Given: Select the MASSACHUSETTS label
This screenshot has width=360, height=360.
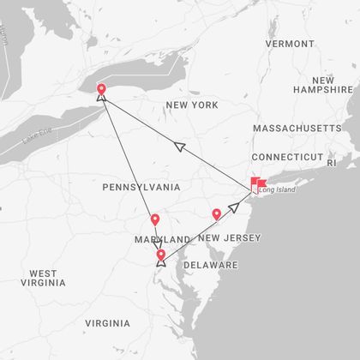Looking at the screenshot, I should point(297,128).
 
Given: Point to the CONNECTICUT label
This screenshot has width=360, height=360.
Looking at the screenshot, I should point(287,157).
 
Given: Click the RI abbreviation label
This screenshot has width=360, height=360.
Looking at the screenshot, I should point(333,160).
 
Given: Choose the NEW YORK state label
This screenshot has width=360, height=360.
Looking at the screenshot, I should point(192,105).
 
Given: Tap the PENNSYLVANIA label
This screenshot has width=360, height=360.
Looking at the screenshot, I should point(141,187).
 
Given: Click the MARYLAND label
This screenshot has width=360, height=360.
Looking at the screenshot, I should point(161,239).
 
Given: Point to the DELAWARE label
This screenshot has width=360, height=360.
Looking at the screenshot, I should point(210,265).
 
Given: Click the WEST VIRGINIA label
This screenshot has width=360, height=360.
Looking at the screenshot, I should point(44,278).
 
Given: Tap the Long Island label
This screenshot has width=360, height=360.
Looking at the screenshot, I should point(277,189).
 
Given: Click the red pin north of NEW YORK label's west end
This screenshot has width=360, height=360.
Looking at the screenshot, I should point(101,89).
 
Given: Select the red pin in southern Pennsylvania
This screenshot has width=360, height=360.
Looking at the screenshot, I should point(155,220).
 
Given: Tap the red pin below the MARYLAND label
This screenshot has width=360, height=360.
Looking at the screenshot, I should point(161,255).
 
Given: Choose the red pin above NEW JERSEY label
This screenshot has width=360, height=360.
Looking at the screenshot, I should point(217,214).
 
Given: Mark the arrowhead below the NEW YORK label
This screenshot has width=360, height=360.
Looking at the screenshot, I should point(180,147).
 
